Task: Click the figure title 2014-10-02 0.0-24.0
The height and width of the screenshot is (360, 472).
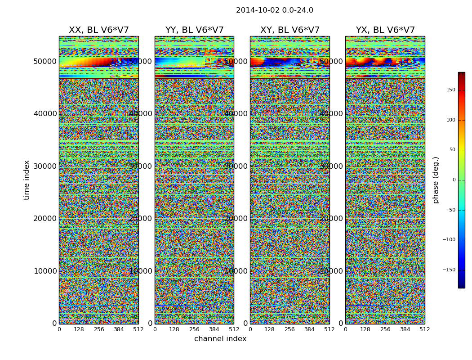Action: [274, 10]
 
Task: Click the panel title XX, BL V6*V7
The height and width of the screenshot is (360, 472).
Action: [98, 30]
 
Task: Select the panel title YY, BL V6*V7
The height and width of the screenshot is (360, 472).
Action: [194, 30]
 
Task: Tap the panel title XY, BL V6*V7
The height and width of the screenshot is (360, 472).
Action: [289, 30]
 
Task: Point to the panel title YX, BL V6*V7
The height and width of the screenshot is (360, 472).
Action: [385, 30]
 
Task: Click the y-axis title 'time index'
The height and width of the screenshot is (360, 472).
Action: [27, 180]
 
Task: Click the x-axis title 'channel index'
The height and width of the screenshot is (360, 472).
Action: [220, 339]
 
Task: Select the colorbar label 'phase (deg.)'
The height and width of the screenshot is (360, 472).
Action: [436, 180]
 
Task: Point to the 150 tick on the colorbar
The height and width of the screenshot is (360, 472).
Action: [450, 90]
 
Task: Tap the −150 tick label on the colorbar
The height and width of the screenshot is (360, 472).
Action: [449, 270]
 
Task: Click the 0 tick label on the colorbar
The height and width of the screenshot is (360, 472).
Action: [454, 180]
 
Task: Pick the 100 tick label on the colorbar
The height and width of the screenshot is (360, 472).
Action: [450, 120]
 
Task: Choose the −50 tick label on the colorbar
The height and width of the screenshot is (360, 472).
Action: [450, 210]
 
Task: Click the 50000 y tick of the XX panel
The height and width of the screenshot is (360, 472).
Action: [45, 61]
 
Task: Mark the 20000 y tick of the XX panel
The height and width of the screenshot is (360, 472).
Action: [45, 218]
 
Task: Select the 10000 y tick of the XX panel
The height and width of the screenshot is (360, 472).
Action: [45, 271]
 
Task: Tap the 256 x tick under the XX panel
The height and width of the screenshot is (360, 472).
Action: [99, 329]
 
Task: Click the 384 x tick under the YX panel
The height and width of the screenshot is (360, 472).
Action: [405, 329]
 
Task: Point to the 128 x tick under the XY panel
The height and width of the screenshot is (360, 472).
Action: [270, 329]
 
